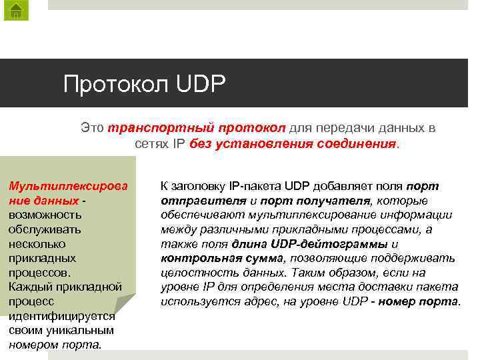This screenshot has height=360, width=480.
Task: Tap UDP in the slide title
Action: point(202,85)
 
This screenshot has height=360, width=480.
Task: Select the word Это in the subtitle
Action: point(92,127)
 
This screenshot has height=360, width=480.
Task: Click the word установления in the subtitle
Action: point(255,143)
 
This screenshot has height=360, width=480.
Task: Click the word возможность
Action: point(45,215)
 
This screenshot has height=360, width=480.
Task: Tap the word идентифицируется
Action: point(62,316)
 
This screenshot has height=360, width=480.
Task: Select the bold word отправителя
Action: point(200,201)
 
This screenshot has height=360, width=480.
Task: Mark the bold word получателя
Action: point(335,201)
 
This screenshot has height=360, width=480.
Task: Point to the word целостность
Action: point(196,273)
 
